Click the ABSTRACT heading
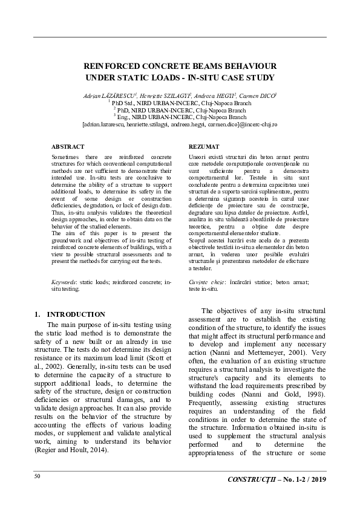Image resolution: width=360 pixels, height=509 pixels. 68,147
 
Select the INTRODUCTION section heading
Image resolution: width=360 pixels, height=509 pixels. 76,314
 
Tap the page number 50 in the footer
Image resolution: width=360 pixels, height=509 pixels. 38,477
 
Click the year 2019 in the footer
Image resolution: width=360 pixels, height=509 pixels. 317,479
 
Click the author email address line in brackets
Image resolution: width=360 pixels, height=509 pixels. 180,124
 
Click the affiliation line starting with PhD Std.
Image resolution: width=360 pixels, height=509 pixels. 180,103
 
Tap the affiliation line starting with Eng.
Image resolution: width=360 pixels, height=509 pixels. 180,117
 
